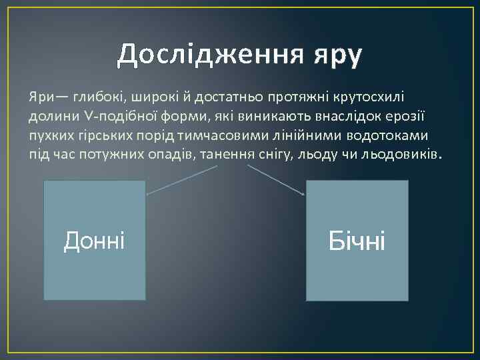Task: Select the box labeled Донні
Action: (x=94, y=240)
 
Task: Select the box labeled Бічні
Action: (x=357, y=240)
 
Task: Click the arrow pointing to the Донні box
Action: (x=180, y=180)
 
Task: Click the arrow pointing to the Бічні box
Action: (x=277, y=180)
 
